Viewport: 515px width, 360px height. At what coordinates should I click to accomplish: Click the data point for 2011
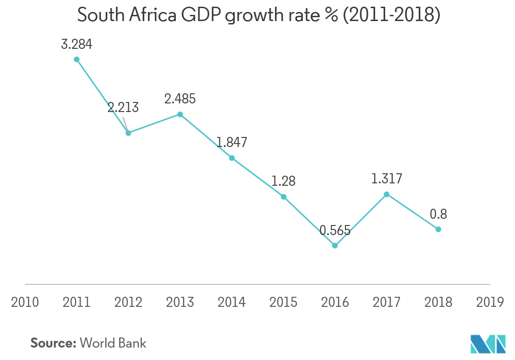click(x=77, y=59)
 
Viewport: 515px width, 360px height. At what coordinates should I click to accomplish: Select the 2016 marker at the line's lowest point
click(x=335, y=246)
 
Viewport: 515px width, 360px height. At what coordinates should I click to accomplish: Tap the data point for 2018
click(x=438, y=229)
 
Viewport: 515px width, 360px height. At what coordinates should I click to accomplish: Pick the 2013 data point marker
click(x=180, y=114)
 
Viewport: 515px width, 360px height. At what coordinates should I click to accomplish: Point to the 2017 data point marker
click(x=387, y=194)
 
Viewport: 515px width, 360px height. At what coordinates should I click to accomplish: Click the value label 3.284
click(x=77, y=45)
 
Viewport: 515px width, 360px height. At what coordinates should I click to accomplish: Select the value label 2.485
click(x=180, y=99)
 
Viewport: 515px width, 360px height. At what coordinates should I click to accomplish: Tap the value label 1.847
click(x=231, y=142)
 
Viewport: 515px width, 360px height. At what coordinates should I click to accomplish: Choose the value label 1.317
click(x=387, y=179)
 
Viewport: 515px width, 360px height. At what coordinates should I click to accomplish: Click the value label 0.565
click(x=335, y=230)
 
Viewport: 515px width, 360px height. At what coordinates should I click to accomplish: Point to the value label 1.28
click(x=283, y=181)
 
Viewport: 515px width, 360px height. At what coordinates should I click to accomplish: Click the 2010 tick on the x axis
click(x=25, y=302)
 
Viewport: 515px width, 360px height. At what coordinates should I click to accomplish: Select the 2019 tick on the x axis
click(x=490, y=302)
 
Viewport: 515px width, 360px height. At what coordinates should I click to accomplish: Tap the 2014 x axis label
click(x=231, y=302)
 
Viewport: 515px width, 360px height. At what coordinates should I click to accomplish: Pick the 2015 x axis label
click(x=283, y=302)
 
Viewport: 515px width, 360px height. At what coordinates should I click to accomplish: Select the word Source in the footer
click(x=53, y=343)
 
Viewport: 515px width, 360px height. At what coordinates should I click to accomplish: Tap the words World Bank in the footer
click(x=113, y=343)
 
